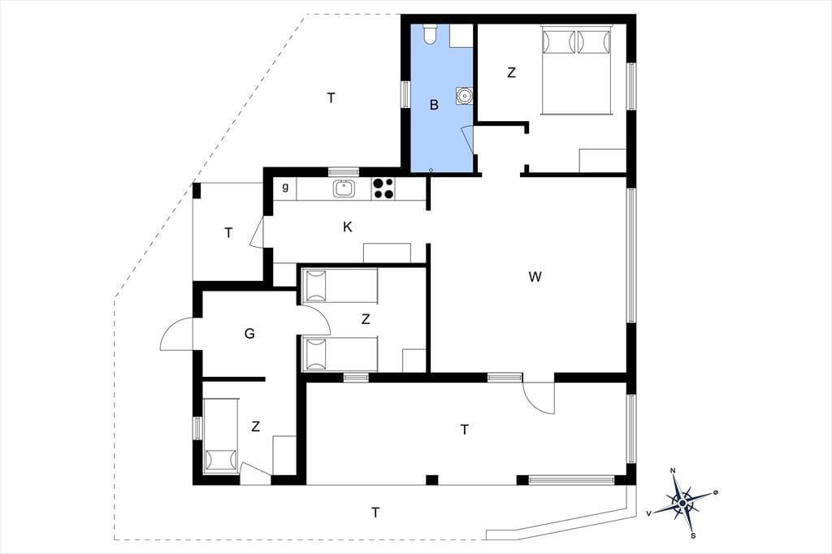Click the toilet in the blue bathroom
(x=430, y=33)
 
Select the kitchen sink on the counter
(x=344, y=188)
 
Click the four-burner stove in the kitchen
(x=383, y=188)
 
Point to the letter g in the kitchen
(x=285, y=188)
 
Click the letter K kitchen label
(x=348, y=227)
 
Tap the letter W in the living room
(x=535, y=276)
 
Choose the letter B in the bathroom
(x=434, y=105)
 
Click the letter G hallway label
(x=249, y=334)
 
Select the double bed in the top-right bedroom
(x=576, y=69)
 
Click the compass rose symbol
(x=683, y=502)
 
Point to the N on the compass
(x=673, y=470)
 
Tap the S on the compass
(x=693, y=535)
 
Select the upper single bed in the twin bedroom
(x=340, y=286)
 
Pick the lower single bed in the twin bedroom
(x=340, y=353)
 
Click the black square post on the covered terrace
(x=432, y=480)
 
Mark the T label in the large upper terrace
(x=331, y=98)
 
